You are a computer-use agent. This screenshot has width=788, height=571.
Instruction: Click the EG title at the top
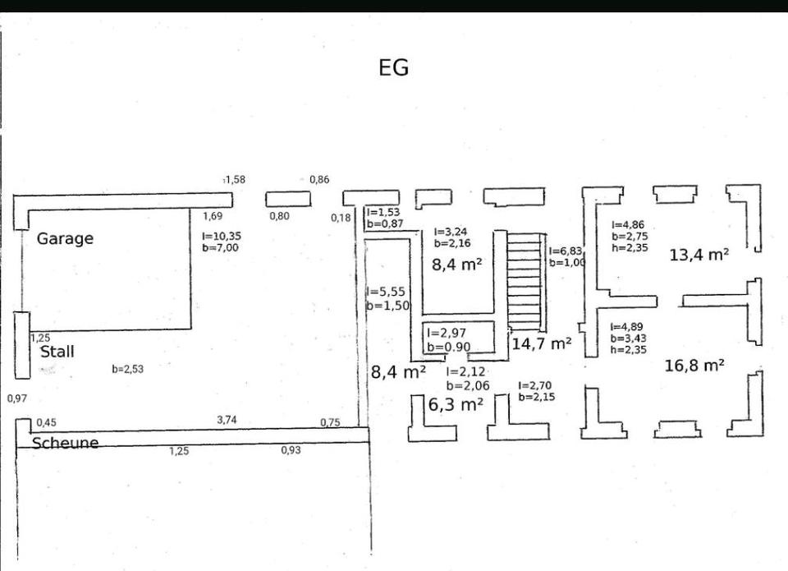pyautogui.click(x=393, y=68)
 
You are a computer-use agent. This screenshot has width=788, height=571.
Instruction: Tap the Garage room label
pyautogui.click(x=65, y=239)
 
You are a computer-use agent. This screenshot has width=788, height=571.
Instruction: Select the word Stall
pyautogui.click(x=57, y=352)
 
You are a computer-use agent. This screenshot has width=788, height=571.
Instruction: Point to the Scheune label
pyautogui.click(x=65, y=443)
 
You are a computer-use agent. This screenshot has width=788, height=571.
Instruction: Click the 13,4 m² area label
pyautogui.click(x=699, y=255)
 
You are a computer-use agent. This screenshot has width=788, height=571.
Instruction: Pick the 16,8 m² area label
pyautogui.click(x=694, y=366)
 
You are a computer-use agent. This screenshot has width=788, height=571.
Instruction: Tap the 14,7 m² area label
pyautogui.click(x=541, y=344)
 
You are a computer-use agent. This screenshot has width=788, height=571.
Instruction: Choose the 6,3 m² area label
pyautogui.click(x=456, y=404)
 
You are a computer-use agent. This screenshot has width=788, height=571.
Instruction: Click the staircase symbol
pyautogui.click(x=525, y=279)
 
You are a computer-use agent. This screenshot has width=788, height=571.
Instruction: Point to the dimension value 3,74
pyautogui.click(x=228, y=420)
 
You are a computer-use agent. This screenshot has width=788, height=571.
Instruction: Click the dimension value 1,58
pyautogui.click(x=235, y=179)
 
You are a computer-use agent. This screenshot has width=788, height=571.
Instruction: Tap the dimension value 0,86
pyautogui.click(x=319, y=179)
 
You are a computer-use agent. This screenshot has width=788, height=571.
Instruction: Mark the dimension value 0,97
pyautogui.click(x=17, y=398)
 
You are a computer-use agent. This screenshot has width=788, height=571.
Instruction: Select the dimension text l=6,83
pyautogui.click(x=566, y=251)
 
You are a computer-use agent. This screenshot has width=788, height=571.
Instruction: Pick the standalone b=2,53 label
pyautogui.click(x=127, y=369)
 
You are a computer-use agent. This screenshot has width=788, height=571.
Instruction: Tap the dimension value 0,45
pyautogui.click(x=46, y=423)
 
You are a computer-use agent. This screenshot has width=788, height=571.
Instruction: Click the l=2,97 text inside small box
pyautogui.click(x=446, y=333)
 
